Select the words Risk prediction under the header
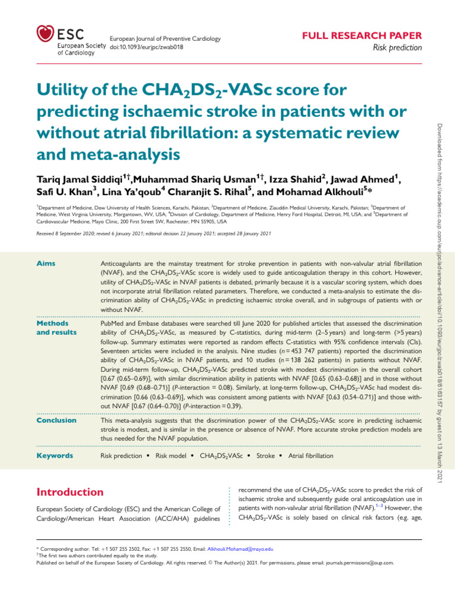coord(401,48)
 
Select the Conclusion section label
coord(56,420)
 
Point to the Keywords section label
coord(55,456)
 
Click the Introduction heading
coord(70,492)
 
